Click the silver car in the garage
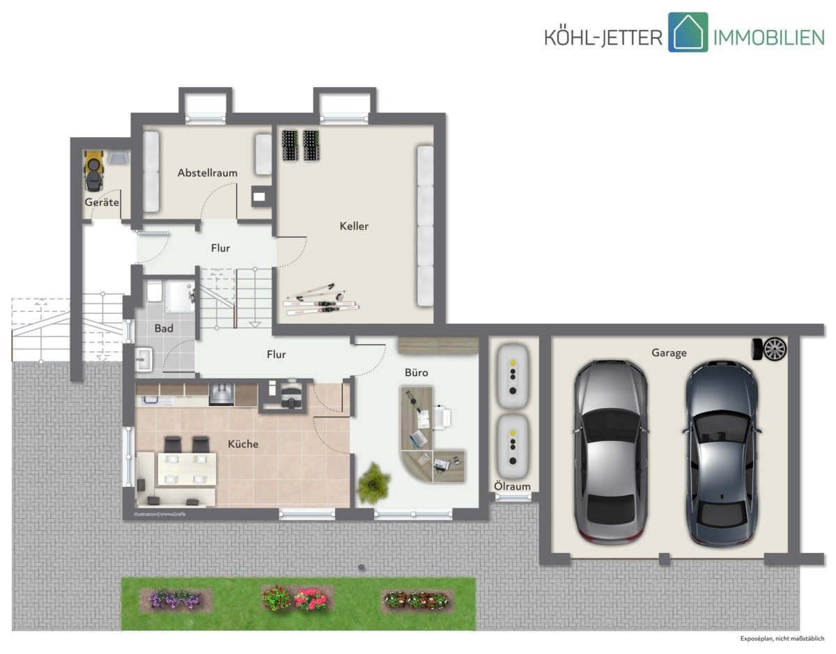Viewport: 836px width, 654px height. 610,452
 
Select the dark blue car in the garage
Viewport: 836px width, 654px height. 722,453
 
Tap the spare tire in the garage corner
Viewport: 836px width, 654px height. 769,349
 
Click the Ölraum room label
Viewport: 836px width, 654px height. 512,486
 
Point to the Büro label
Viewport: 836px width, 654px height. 417,372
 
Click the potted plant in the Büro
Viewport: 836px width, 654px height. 373,483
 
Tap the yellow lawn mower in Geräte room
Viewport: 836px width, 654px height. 93,171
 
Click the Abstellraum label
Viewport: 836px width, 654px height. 208,173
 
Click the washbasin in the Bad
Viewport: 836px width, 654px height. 144,359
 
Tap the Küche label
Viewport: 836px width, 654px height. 242,444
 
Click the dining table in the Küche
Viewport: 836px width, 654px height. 187,469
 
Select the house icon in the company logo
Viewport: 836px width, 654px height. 688,32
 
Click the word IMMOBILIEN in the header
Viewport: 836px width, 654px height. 769,38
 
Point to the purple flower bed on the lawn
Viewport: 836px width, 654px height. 175,600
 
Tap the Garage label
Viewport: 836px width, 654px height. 669,353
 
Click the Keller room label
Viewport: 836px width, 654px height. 354,226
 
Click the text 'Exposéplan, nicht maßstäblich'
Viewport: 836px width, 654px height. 782,639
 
